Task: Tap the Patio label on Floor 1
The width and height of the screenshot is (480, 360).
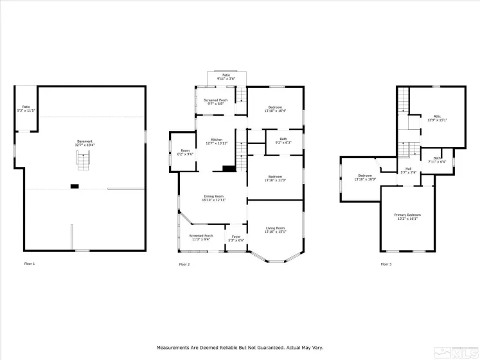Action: pos(26,109)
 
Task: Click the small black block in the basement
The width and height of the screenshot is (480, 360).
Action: pos(75,186)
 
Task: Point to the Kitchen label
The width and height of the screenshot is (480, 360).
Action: pos(217,141)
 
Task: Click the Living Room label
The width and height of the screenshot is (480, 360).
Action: pos(276,230)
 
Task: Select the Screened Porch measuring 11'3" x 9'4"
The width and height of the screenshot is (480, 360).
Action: pos(200,237)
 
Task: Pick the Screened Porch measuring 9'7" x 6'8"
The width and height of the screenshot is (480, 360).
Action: pos(216,102)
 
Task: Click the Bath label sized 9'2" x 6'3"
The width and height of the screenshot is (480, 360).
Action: pos(283,141)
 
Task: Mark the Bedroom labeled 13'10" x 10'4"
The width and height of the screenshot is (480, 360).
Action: pos(275,109)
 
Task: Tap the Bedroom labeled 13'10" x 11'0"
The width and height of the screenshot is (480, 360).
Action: pos(275,178)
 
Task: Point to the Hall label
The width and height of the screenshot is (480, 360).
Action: pos(409,170)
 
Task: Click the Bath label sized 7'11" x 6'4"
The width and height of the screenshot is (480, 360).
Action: pos(437,160)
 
